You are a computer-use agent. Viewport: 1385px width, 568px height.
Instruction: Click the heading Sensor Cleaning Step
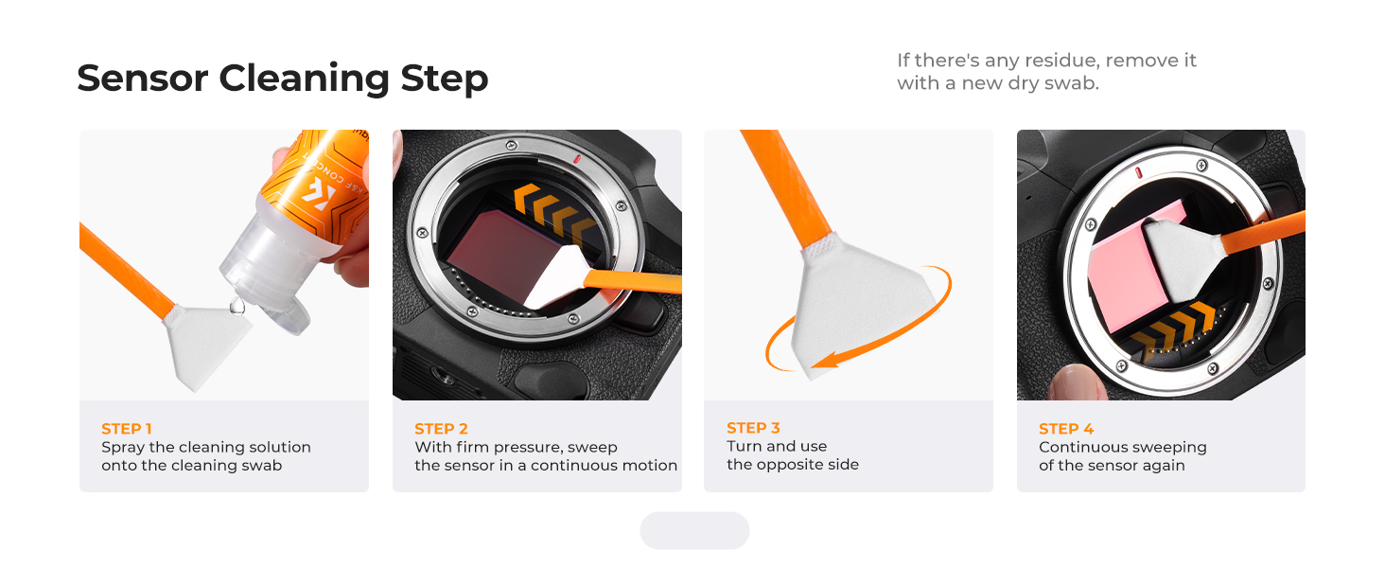click(283, 79)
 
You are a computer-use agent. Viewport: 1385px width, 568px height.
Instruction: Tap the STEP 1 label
click(126, 429)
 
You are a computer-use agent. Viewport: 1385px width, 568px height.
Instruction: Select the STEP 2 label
click(441, 429)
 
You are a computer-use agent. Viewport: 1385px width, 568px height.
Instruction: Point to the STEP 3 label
click(753, 428)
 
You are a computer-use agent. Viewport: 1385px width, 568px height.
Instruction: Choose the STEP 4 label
click(1066, 429)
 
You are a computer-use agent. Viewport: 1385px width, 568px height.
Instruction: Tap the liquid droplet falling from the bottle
click(237, 307)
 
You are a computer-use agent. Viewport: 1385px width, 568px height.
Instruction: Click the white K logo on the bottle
click(319, 195)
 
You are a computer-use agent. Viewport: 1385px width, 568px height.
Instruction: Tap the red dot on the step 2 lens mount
click(577, 160)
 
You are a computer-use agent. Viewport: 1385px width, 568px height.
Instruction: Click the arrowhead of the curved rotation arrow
click(826, 360)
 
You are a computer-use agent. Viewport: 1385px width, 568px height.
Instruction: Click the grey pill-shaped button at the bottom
click(694, 530)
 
